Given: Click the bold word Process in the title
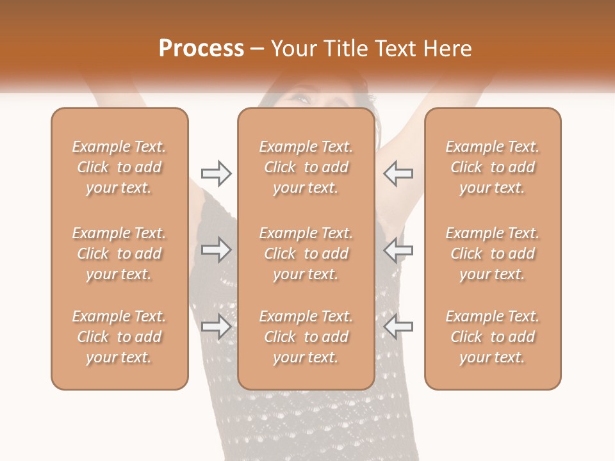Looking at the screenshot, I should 201,49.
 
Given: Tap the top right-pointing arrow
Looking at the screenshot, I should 216,174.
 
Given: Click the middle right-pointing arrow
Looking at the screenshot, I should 216,250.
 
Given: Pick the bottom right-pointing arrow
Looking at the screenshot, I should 216,327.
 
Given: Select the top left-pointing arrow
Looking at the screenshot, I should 398,174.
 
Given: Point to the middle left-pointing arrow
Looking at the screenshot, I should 398,250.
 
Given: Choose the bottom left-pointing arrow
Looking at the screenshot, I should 398,327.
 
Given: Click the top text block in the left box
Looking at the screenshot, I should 119,167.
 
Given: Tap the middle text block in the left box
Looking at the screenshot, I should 119,254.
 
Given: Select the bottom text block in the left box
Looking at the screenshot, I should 119,337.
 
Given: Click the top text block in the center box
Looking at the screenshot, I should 306,167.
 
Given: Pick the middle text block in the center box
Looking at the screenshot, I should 306,254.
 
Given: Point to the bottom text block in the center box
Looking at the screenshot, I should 306,337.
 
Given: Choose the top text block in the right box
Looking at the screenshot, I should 493,167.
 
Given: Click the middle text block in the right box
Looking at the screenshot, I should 493,254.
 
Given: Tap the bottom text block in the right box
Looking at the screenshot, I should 493,337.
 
